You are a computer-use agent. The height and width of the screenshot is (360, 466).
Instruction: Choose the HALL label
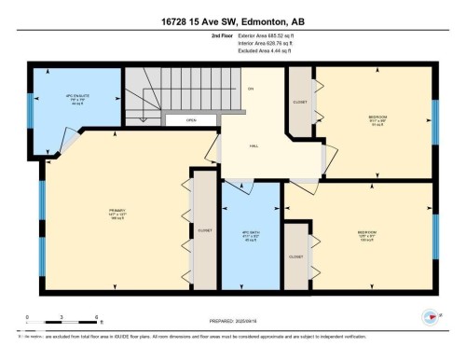click(x=252, y=145)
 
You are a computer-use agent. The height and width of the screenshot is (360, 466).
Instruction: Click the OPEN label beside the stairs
click(x=190, y=119)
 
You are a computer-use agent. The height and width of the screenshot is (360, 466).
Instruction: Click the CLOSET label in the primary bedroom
click(x=204, y=229)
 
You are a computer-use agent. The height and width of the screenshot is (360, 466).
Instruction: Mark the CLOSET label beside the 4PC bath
click(x=295, y=256)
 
